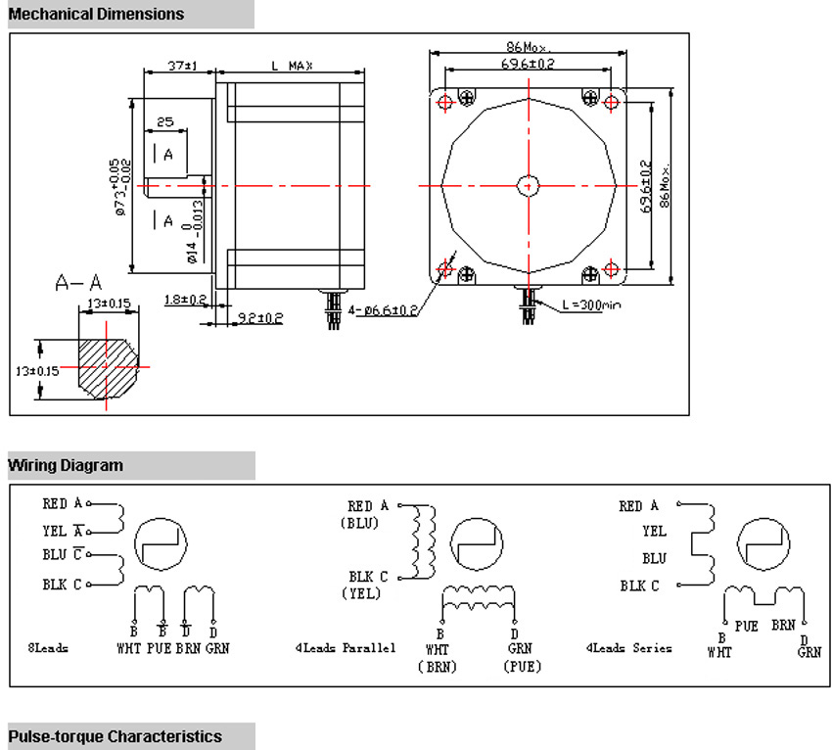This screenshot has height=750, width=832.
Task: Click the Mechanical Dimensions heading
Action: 96,14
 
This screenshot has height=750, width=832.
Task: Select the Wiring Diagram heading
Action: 66,465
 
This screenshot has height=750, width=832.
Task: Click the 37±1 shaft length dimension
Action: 181,66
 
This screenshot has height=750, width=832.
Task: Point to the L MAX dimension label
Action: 292,66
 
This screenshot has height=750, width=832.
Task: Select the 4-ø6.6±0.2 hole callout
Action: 383,310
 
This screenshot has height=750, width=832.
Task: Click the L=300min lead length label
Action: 591,305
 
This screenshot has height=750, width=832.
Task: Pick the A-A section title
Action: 78,284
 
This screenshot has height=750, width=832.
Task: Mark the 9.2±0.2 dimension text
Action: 260,317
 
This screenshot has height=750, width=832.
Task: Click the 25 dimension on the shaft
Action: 164,122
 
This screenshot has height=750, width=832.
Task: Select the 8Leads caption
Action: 48,648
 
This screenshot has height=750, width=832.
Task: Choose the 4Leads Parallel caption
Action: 345,647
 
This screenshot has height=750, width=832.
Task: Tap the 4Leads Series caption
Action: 628,647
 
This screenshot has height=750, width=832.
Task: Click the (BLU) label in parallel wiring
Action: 359,523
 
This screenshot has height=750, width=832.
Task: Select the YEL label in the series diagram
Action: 654,532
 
